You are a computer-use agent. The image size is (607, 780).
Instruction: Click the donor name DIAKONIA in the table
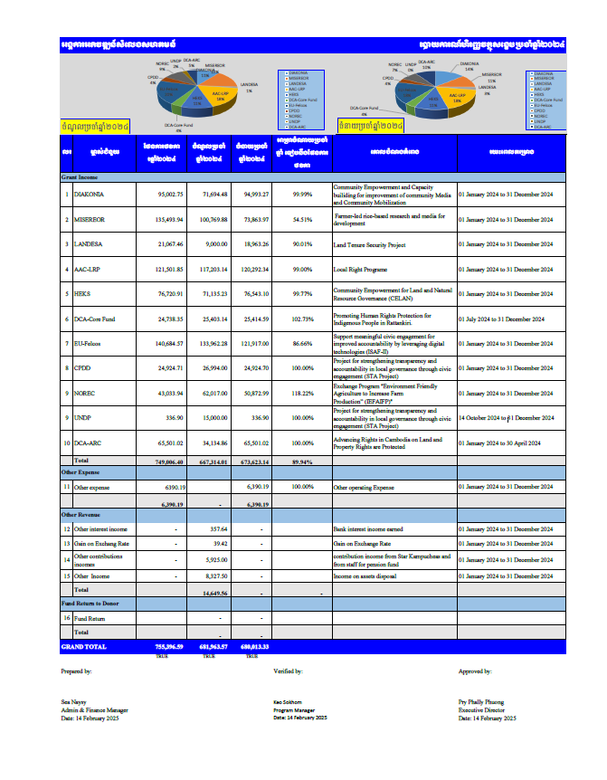click(x=92, y=194)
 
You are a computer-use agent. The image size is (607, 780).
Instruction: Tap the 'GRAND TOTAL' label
click(x=83, y=647)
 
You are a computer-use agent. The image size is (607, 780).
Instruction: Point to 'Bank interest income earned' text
click(x=371, y=528)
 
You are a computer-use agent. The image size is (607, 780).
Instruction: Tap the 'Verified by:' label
click(x=288, y=671)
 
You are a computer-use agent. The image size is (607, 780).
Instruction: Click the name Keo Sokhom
click(x=288, y=701)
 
